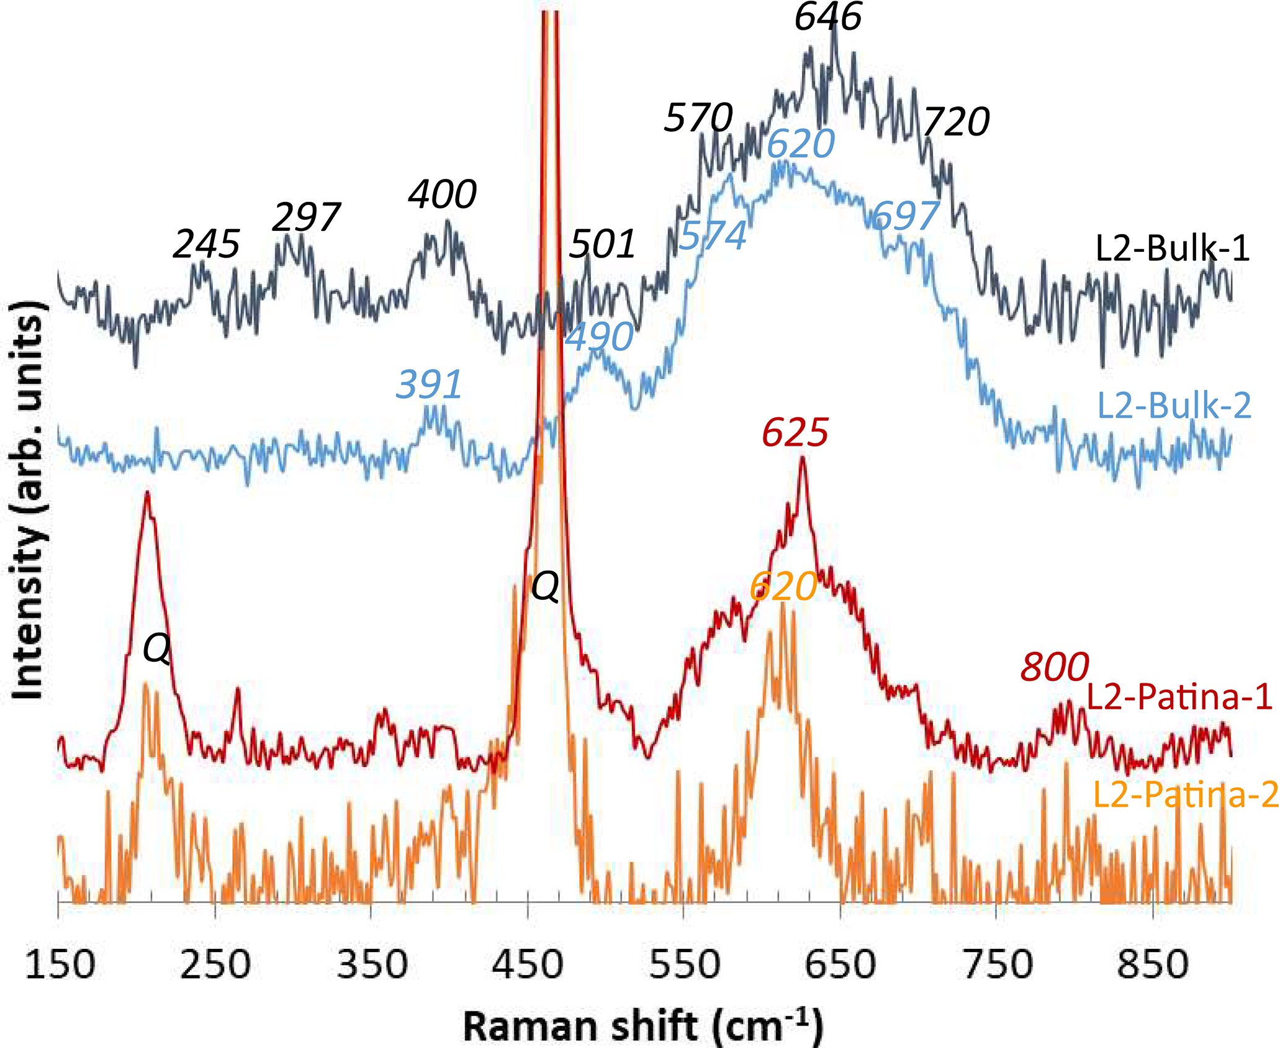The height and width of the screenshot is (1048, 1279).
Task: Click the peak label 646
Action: pyautogui.click(x=827, y=17)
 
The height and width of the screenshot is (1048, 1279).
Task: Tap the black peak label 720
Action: pyautogui.click(x=956, y=121)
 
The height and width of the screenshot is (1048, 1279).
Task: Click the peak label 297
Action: pyautogui.click(x=306, y=217)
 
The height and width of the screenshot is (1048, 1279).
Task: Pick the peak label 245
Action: pyautogui.click(x=206, y=244)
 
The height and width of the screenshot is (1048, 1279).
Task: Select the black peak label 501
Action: pyautogui.click(x=602, y=244)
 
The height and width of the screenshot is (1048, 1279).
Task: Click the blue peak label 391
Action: pyautogui.click(x=429, y=384)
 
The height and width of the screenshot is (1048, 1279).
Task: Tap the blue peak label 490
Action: pyautogui.click(x=600, y=337)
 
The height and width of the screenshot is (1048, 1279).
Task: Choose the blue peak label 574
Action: pyautogui.click(x=713, y=235)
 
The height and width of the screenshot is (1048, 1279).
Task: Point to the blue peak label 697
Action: pyautogui.click(x=905, y=215)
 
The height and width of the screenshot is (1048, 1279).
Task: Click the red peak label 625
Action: pyautogui.click(x=795, y=432)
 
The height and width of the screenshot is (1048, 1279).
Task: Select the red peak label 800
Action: pyautogui.click(x=1054, y=667)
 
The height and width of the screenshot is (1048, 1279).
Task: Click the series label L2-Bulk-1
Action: pyautogui.click(x=1172, y=249)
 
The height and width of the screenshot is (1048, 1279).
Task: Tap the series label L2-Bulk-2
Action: pyautogui.click(x=1174, y=406)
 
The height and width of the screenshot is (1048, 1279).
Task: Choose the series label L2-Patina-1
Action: pyautogui.click(x=1179, y=697)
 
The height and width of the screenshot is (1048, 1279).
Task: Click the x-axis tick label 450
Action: pyautogui.click(x=528, y=964)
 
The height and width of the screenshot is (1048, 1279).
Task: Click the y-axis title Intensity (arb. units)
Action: pyautogui.click(x=28, y=500)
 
